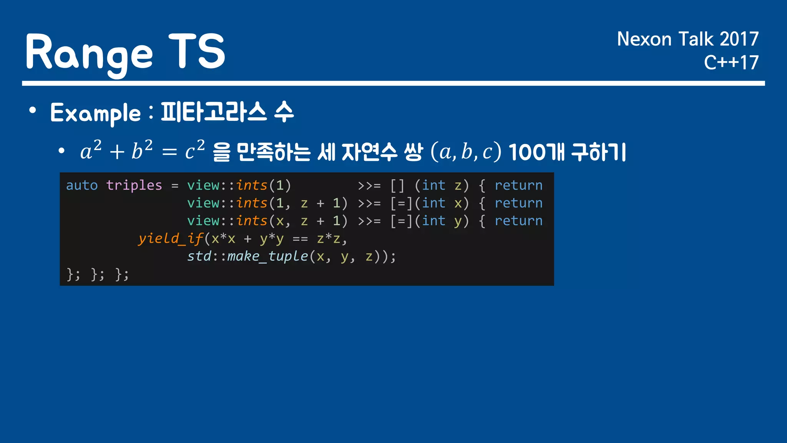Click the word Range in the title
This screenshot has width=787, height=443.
[89, 52]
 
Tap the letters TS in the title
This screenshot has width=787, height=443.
[197, 51]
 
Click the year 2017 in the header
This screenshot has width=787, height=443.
[739, 39]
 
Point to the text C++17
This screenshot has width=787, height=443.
[731, 63]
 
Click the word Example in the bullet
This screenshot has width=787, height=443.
[96, 113]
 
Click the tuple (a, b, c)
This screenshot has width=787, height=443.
[466, 152]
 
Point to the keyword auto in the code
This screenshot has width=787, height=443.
[82, 185]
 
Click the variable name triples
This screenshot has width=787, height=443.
[134, 185]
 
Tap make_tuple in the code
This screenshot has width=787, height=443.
[267, 256]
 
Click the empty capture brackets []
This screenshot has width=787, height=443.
[397, 185]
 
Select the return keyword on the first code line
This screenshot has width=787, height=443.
[518, 185]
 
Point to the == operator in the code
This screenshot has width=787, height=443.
[300, 239]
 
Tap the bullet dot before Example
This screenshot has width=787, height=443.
[33, 110]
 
